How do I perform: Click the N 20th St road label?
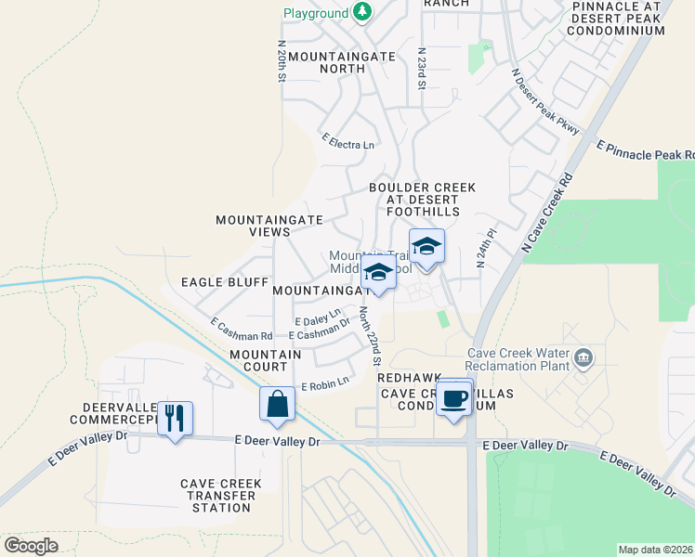(281, 61)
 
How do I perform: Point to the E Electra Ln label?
(348, 142)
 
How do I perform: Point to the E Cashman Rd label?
(242, 330)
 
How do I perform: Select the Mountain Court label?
(265, 360)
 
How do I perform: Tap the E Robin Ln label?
(324, 382)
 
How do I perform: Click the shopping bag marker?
(277, 404)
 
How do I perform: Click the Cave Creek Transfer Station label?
(220, 496)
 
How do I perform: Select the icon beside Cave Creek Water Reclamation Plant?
(584, 357)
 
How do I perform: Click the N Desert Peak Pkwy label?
(545, 101)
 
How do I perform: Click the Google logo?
(32, 546)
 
